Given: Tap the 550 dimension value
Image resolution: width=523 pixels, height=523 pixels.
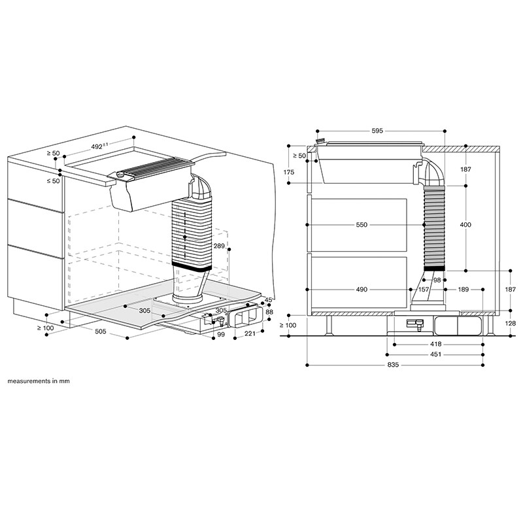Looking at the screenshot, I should (x=362, y=225).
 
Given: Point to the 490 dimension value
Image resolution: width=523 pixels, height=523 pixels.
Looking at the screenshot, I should (x=362, y=289).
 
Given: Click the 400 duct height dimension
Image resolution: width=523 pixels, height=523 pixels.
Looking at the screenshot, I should (x=465, y=225).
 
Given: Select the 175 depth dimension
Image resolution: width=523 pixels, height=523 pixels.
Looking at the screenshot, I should (x=289, y=172).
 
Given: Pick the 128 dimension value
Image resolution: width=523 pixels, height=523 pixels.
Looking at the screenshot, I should (x=510, y=323).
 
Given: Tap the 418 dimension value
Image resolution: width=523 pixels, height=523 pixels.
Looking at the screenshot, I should (x=418, y=344).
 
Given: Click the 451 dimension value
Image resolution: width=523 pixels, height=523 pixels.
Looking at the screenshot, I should (x=418, y=354).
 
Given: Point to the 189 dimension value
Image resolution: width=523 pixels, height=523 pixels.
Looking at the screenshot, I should (x=463, y=289).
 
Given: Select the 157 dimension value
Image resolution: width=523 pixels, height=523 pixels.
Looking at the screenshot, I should (x=423, y=289).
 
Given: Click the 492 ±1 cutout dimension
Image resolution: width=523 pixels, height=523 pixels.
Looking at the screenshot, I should (x=99, y=147).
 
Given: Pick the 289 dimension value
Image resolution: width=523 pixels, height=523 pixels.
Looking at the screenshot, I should (x=220, y=246).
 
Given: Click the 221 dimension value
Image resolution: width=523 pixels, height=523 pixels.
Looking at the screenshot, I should (x=249, y=334).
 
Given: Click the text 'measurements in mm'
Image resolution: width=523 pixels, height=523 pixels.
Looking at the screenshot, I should (x=39, y=380).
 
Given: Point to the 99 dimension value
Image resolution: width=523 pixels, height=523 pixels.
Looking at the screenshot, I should (x=220, y=334).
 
